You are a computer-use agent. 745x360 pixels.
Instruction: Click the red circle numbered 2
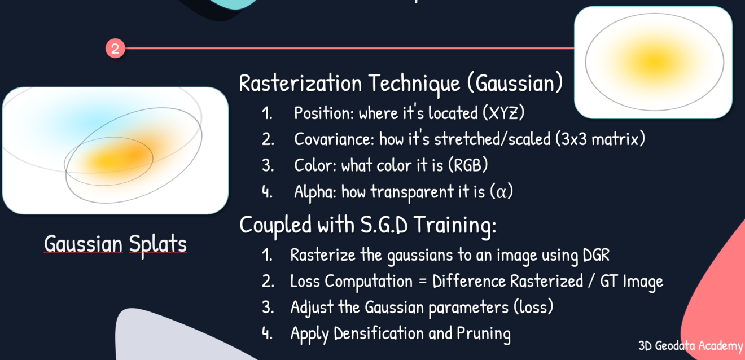tap(115, 49)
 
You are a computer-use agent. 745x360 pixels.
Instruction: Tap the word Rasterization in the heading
tap(300, 84)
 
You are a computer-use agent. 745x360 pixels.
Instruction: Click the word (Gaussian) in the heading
tap(514, 84)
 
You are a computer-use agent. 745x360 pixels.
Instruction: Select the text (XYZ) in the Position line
tap(503, 113)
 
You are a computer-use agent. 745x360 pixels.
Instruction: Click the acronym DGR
tap(595, 255)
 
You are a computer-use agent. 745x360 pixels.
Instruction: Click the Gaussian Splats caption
tap(115, 244)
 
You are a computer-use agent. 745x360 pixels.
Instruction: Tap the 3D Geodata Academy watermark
tap(690, 345)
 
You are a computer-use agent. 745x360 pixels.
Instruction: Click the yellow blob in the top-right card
tap(654, 60)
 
